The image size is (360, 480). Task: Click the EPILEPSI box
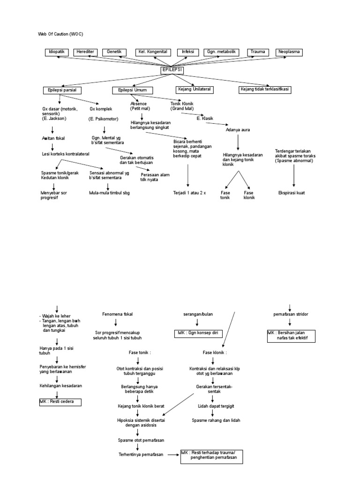tap(172, 70)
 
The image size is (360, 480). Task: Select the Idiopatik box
tap(57, 52)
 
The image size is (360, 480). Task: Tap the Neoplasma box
tap(290, 52)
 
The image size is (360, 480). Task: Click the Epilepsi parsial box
tap(62, 90)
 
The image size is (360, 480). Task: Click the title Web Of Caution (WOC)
tap(60, 34)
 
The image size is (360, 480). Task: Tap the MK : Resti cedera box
tap(60, 402)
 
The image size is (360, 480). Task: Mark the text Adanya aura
tap(237, 129)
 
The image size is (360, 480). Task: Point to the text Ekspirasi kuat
tap(291, 193)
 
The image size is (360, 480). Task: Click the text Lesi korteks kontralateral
tap(65, 154)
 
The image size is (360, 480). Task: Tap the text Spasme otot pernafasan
tap(137, 440)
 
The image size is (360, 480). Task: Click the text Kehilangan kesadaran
tap(61, 385)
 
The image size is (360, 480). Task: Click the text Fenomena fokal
tap(118, 314)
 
